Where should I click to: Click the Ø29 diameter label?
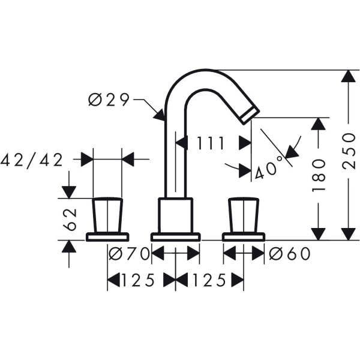click(x=109, y=100)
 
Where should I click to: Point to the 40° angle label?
click(x=268, y=171)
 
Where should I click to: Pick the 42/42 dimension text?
click(x=32, y=160)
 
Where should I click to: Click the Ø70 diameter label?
click(x=128, y=254)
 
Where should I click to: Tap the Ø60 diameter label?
click(x=290, y=254)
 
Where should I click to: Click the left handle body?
click(x=108, y=215)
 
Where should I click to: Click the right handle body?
click(x=242, y=215)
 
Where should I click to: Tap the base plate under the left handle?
click(x=107, y=236)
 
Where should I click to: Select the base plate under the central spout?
click(x=175, y=236)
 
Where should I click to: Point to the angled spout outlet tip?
click(x=249, y=114)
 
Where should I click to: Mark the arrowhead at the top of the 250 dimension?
click(x=347, y=77)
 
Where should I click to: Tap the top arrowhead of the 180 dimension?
click(x=319, y=124)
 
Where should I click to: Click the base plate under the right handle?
click(x=243, y=236)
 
